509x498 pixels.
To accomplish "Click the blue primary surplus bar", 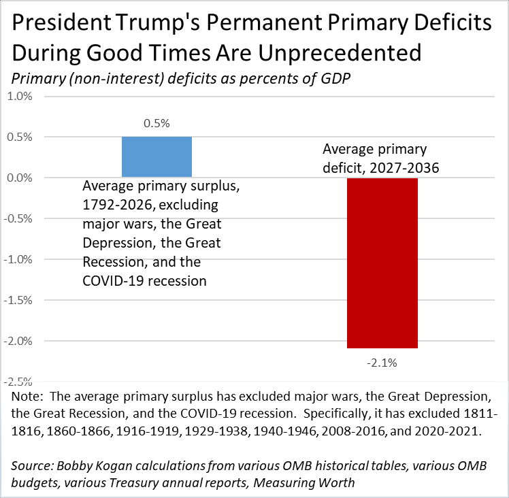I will pyautogui.click(x=157, y=157).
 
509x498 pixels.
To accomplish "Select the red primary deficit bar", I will pyautogui.click(x=382, y=263).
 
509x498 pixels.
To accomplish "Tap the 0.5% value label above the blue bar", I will pyautogui.click(x=156, y=124).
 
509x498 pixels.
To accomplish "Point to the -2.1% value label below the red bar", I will pyautogui.click(x=382, y=363).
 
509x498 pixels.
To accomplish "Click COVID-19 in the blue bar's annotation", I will pyautogui.click(x=113, y=280).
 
